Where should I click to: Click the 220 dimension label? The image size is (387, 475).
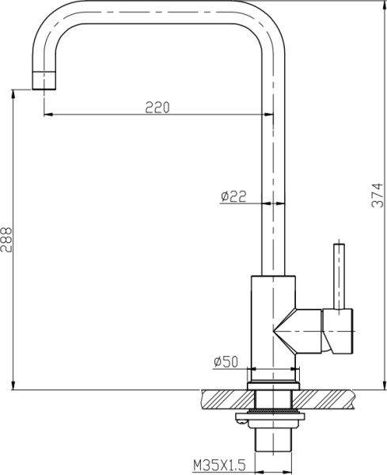156,107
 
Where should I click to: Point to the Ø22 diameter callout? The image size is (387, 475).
234,196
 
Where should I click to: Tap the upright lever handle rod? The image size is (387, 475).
340,274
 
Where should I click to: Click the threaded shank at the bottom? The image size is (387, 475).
274,439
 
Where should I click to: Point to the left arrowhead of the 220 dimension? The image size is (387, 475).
47,116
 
